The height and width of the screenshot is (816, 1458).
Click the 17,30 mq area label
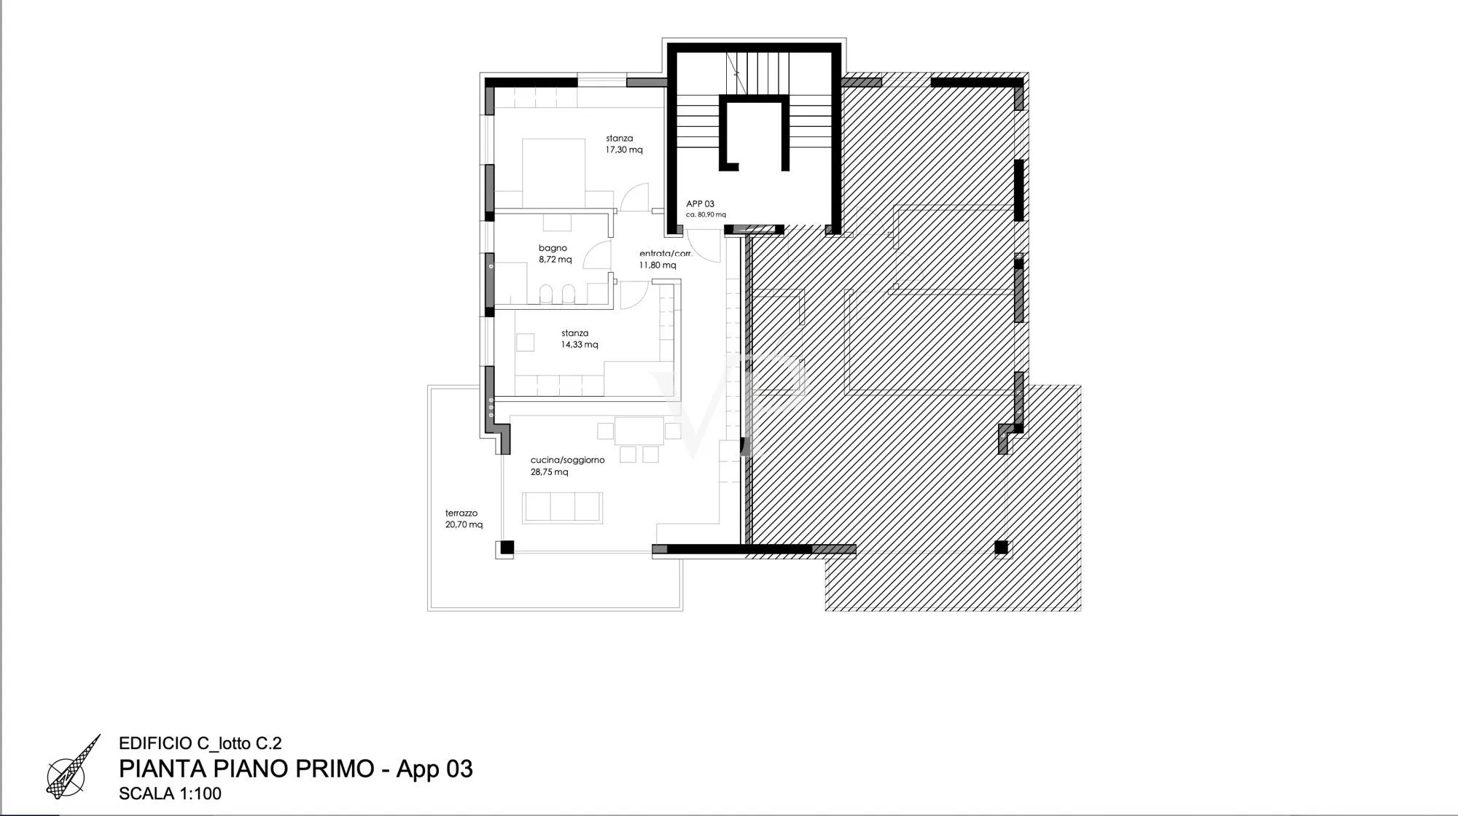point(624,150)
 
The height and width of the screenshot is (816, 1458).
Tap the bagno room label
point(553,248)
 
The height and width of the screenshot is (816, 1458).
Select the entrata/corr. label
point(666,254)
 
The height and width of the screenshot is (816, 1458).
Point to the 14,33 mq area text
point(580,345)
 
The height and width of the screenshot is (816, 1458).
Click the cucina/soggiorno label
point(567,460)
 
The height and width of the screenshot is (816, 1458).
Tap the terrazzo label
point(461,513)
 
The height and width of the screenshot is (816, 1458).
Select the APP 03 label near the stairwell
point(700,204)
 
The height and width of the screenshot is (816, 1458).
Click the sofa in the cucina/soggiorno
point(563,508)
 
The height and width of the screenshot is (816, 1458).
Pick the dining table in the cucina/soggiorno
point(639,431)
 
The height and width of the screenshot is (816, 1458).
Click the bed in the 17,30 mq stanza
point(554,173)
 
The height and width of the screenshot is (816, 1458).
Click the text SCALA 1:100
point(170,793)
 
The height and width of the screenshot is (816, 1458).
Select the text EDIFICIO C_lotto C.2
point(200,744)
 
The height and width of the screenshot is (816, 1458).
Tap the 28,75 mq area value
point(550,472)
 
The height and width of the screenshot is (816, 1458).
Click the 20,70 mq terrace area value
point(464,524)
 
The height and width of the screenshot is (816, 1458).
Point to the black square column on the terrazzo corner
point(507,547)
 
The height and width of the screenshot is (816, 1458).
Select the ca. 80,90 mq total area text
point(706,215)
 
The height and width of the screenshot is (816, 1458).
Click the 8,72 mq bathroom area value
point(555,260)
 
